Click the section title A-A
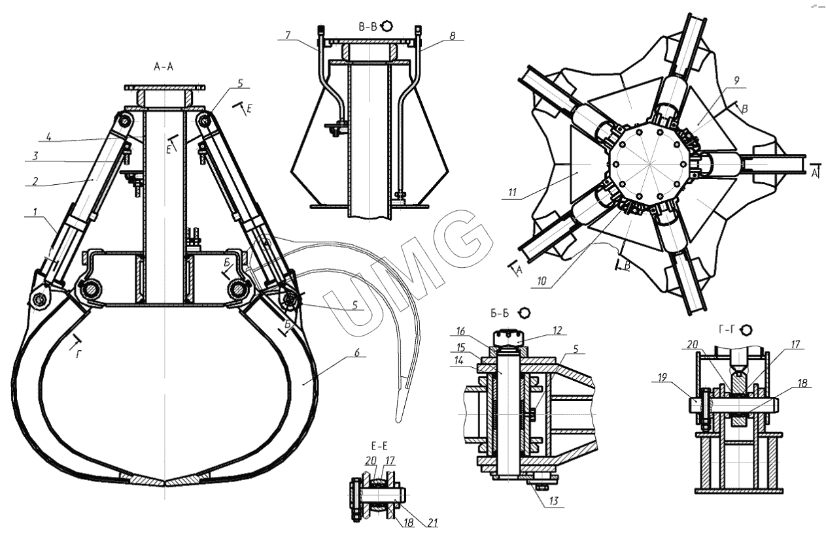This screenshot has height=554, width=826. [163, 67]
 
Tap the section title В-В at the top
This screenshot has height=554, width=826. [368, 27]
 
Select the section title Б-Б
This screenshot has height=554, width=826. [500, 313]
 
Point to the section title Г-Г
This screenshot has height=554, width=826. [727, 330]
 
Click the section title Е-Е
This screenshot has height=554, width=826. [379, 446]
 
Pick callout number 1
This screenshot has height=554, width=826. [35, 212]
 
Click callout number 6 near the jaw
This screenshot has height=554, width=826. [356, 353]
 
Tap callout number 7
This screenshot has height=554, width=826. [288, 35]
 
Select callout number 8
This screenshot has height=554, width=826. [453, 36]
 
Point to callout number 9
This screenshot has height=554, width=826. [736, 80]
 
